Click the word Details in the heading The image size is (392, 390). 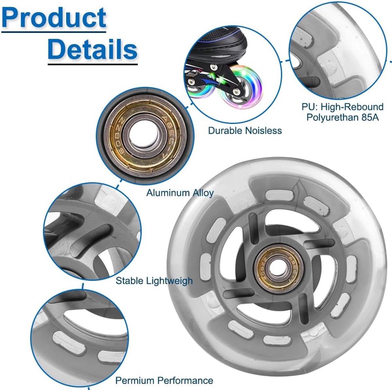[x=93, y=50]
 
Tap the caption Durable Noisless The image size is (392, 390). [x=245, y=131]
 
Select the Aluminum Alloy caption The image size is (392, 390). [x=180, y=193]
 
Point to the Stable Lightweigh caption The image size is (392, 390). [x=154, y=281]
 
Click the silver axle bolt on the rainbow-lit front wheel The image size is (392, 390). [x=236, y=91]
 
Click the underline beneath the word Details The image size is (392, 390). [x=93, y=65]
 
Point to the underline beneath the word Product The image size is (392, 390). [x=54, y=32]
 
